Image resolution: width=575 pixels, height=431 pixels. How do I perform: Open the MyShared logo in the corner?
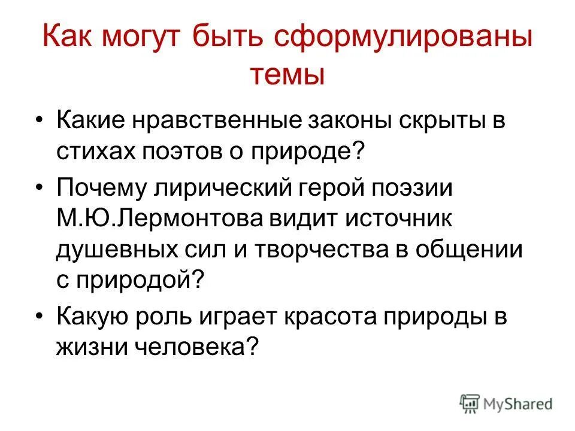point(506,403)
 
